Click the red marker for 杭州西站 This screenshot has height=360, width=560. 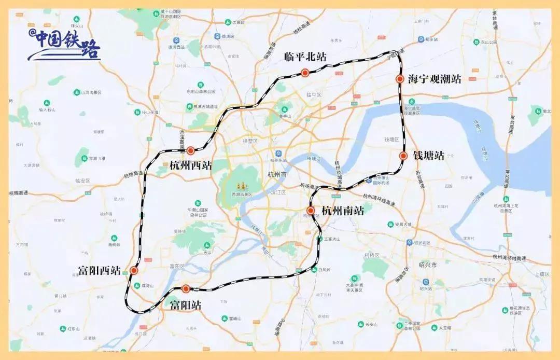click(190, 150)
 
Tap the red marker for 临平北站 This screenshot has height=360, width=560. click(305, 73)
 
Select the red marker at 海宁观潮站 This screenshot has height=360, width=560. click(399, 79)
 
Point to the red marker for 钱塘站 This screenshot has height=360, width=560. click(403, 156)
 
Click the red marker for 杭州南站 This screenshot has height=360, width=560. click(311, 210)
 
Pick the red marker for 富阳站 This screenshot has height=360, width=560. click(186, 289)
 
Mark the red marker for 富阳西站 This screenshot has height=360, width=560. click(134, 270)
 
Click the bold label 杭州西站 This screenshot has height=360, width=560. click(191, 165)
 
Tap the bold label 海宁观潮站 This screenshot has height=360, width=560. click(435, 79)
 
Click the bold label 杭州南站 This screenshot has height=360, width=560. click(343, 211)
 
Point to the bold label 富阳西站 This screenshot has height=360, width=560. click(99, 271)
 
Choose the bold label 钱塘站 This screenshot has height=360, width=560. click(429, 156)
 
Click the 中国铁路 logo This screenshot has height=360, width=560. click(64, 44)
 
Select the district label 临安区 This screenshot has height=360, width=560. click(82, 181)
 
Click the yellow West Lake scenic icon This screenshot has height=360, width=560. click(240, 185)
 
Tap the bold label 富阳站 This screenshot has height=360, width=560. click(186, 306)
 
